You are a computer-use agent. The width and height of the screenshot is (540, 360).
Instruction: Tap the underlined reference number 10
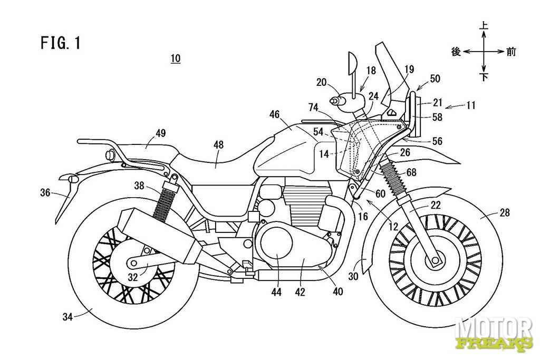coord(175,59)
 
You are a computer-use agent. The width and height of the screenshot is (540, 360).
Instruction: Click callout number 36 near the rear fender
coord(45,193)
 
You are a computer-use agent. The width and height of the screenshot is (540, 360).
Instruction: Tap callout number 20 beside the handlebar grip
coord(321,82)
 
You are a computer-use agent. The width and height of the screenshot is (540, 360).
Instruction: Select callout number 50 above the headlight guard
coord(435,79)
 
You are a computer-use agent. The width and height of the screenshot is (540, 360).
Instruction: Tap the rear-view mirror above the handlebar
coord(352,65)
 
